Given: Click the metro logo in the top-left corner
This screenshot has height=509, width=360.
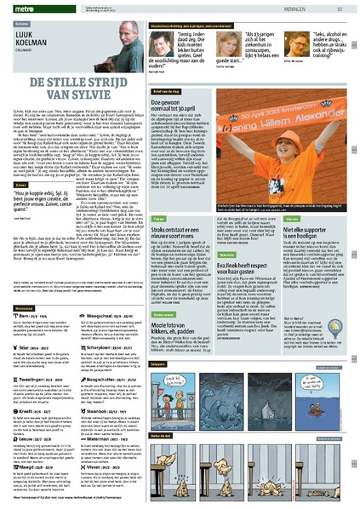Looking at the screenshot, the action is [18, 9].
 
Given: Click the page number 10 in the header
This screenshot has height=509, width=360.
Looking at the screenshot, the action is [340, 9].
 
